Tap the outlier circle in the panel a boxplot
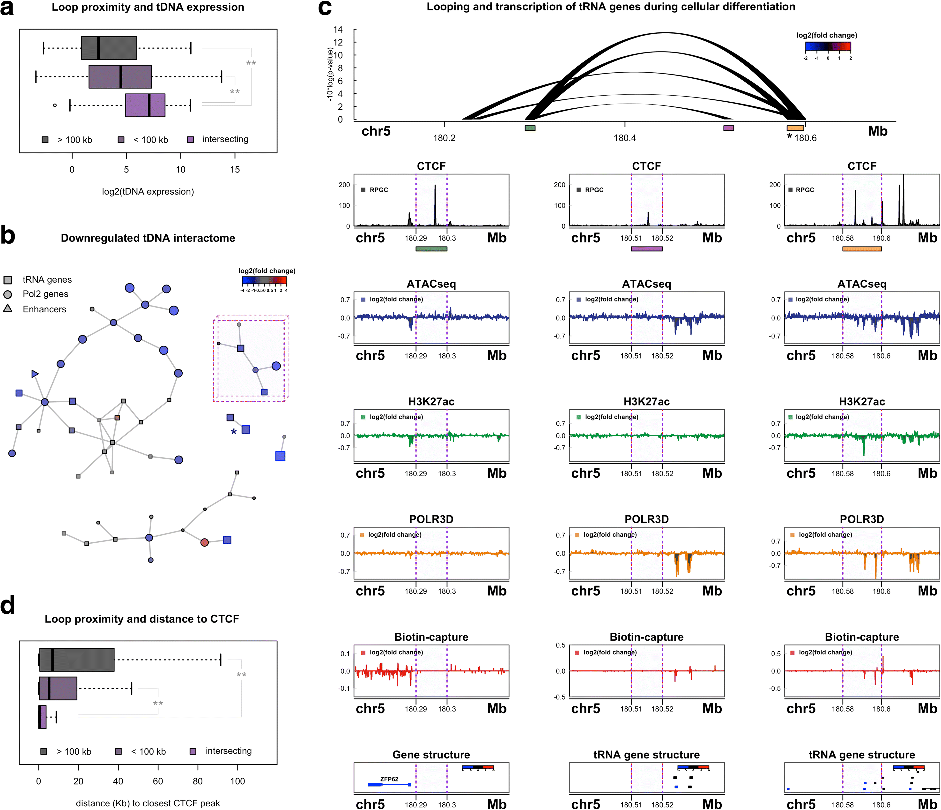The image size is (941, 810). click(x=55, y=105)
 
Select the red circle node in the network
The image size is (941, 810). click(x=204, y=542)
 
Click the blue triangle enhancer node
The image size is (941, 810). click(x=35, y=374)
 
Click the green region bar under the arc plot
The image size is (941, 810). click(x=530, y=128)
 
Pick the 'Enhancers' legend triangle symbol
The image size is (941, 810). click(x=8, y=308)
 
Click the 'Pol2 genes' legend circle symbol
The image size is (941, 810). click(x=8, y=294)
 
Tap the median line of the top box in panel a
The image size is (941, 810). click(x=99, y=48)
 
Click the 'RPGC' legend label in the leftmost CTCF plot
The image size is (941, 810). click(x=379, y=190)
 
